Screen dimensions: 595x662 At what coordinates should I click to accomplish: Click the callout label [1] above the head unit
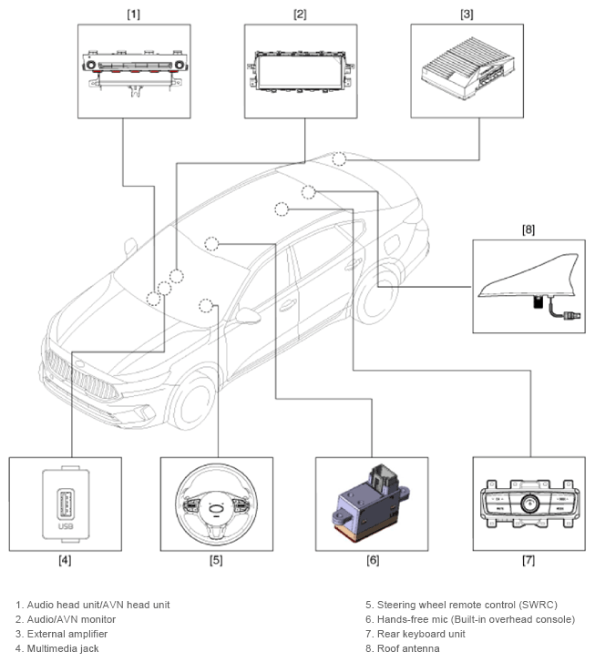pyautogui.click(x=134, y=14)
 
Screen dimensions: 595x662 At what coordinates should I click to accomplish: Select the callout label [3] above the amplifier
pyautogui.click(x=467, y=14)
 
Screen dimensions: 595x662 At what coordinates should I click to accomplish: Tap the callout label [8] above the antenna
pyautogui.click(x=528, y=229)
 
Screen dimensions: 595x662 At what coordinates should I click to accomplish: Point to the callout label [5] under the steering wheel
pyautogui.click(x=216, y=560)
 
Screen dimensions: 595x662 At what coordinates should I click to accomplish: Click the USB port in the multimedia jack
pyautogui.click(x=66, y=504)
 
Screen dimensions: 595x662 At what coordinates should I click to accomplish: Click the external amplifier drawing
pyautogui.click(x=468, y=68)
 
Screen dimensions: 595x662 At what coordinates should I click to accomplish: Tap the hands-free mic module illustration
pyautogui.click(x=371, y=503)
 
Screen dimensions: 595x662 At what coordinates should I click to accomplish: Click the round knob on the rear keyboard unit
pyautogui.click(x=529, y=504)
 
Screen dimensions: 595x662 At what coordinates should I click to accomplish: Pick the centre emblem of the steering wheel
pyautogui.click(x=216, y=509)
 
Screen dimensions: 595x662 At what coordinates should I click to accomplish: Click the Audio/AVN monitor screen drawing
pyautogui.click(x=301, y=71)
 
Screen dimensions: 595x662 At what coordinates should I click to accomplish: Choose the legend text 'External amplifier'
pyautogui.click(x=67, y=634)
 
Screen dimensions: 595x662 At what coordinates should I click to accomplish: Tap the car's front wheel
pyautogui.click(x=192, y=402)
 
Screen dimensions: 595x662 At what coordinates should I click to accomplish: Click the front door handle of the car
pyautogui.click(x=288, y=304)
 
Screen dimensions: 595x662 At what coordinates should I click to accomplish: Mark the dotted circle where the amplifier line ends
pyautogui.click(x=339, y=158)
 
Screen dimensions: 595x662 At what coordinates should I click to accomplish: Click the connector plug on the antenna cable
pyautogui.click(x=572, y=315)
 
